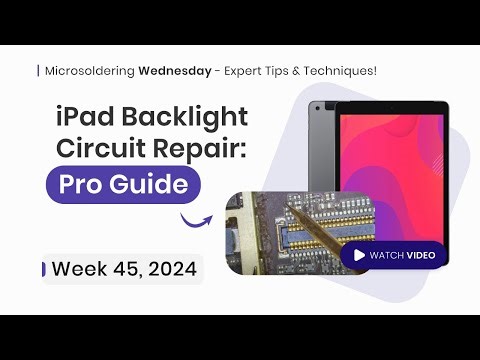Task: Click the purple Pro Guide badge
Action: (123, 186)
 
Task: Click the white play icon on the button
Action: (355, 255)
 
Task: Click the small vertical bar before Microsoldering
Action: (39, 71)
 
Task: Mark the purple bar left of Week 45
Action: (43, 268)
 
